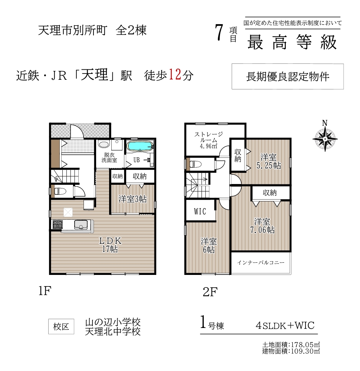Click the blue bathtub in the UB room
coord(140,146)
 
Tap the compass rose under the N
coord(325,139)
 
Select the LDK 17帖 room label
coord(110,244)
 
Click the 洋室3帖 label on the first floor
coord(132,199)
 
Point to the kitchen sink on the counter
coord(81,224)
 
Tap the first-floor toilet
coord(60,191)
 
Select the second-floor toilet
coord(195,164)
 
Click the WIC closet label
coord(200,211)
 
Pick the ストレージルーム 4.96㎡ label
coord(209,140)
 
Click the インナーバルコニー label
coord(261,263)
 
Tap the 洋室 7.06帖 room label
coord(262,226)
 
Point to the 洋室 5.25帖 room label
coord(269,161)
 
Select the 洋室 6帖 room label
coord(209,246)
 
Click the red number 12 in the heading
coord(175,75)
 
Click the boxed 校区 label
coord(61,326)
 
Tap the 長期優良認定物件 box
coord(288,76)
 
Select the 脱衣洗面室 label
coord(109,158)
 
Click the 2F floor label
coord(210,292)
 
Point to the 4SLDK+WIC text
coord(285,326)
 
